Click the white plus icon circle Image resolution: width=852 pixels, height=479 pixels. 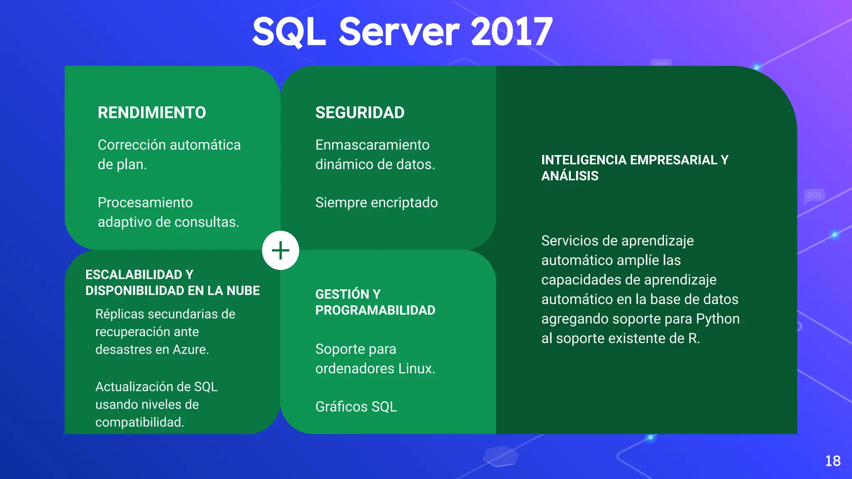coord(280,250)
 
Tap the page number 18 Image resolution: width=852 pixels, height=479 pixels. coord(832,461)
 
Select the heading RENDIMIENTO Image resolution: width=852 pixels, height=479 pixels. coord(152,113)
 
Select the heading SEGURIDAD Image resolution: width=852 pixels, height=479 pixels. coord(360,113)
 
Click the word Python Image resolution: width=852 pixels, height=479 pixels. coord(718,319)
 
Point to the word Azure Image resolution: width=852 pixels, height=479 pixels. coord(190,350)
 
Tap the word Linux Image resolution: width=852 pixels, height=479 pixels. coord(416,369)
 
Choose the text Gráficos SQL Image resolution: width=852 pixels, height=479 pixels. coord(356,407)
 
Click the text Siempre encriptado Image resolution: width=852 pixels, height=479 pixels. coord(376,202)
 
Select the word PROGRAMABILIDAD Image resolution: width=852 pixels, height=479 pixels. coord(375,310)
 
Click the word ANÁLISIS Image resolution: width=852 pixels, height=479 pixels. coord(570,176)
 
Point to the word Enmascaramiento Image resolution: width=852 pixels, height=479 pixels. coord(372,145)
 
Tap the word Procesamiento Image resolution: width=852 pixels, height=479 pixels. coord(145,202)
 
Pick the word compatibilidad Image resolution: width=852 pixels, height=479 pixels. coord(139,422)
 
